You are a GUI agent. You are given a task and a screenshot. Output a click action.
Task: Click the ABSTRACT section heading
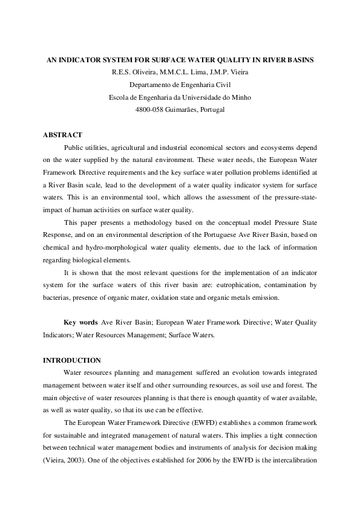tap(62, 134)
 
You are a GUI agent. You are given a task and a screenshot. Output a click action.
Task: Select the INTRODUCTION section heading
tap(71, 360)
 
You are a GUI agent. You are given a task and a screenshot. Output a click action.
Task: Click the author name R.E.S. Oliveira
tap(136, 73)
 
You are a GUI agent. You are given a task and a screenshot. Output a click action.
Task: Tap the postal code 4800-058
tap(150, 109)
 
